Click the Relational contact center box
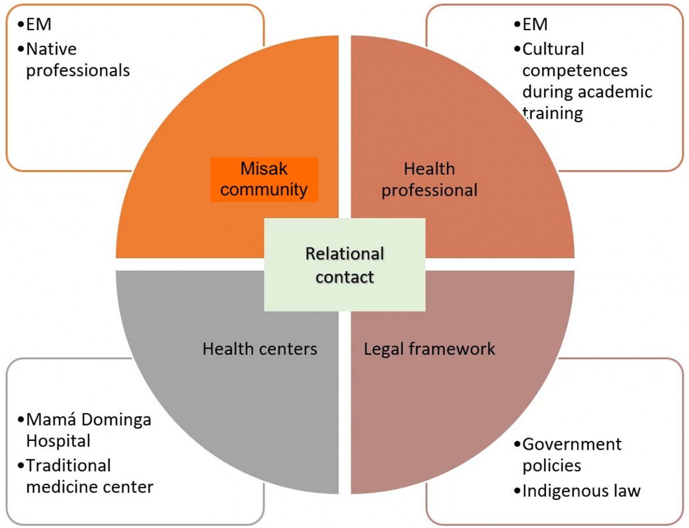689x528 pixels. tap(344, 265)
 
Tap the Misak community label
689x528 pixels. tap(264, 179)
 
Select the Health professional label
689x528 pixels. tap(429, 179)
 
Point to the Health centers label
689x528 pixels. tap(260, 349)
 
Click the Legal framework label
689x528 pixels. tap(429, 349)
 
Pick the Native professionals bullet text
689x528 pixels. tap(78, 60)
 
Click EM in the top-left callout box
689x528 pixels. tap(39, 25)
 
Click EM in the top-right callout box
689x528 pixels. tap(535, 25)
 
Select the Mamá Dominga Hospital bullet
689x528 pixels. tap(88, 430)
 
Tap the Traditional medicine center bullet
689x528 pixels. tap(89, 476)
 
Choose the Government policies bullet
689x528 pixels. tap(571, 455)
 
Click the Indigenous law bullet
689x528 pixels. tap(581, 491)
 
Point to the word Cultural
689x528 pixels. tap(553, 49)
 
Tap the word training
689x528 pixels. tap(553, 114)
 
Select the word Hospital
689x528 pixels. tap(58, 441)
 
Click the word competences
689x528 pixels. tap(575, 71)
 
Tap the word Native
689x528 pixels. tap(51, 49)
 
